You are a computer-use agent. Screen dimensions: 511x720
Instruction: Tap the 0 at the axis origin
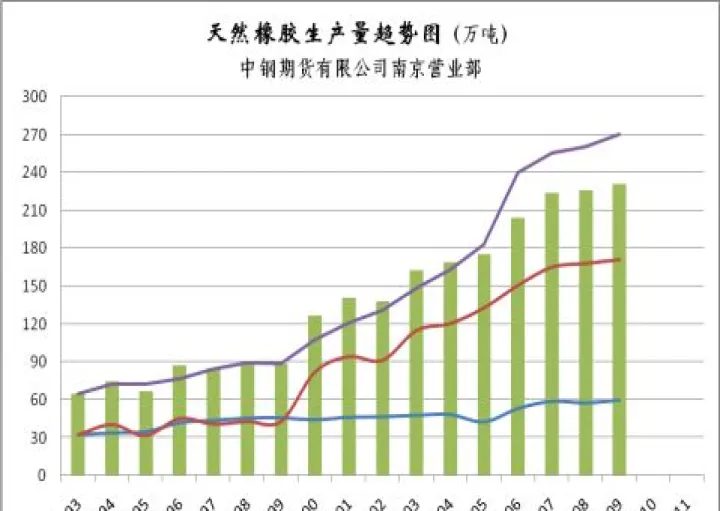click(x=42, y=475)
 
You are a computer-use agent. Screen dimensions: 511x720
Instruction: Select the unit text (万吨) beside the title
click(x=481, y=35)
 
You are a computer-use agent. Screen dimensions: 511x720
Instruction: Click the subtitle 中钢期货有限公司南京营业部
click(x=361, y=69)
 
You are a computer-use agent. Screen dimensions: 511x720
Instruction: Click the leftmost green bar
click(x=78, y=434)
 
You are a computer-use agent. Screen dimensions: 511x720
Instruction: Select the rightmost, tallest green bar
click(x=619, y=329)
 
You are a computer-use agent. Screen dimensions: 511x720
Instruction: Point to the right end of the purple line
click(x=620, y=134)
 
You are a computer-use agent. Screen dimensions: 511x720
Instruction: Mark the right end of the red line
click(x=620, y=260)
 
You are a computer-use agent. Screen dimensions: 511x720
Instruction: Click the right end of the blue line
click(x=620, y=400)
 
